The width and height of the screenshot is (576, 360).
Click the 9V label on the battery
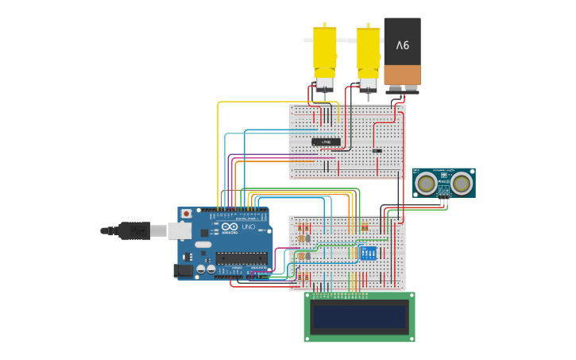pos(403,45)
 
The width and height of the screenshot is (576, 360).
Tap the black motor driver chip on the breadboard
pos(326,142)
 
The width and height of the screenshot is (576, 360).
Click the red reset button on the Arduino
pos(186,214)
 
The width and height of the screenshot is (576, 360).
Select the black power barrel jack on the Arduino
pos(183,270)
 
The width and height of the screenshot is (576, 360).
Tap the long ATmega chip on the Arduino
pos(242,257)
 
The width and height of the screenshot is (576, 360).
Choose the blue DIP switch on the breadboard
pos(368,254)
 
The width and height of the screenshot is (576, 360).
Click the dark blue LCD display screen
pos(359,317)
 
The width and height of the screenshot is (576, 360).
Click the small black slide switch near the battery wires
pos(377,150)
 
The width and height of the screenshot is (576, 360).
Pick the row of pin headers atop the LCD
pos(359,296)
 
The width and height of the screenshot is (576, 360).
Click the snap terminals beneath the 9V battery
pos(403,89)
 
